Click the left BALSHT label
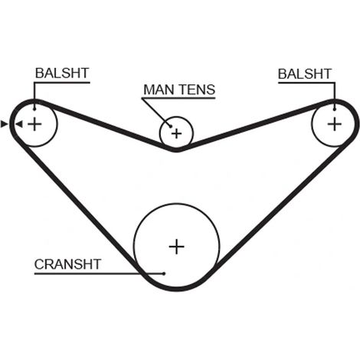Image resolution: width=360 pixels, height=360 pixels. [62, 74]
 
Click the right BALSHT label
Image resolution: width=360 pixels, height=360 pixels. [305, 74]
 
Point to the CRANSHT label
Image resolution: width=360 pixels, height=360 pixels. [67, 264]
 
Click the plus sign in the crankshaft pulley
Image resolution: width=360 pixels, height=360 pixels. [177, 247]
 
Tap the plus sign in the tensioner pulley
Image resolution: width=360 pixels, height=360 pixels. [176, 133]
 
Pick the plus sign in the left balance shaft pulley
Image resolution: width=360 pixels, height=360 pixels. [34, 124]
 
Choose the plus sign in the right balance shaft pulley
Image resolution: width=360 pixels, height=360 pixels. [335, 124]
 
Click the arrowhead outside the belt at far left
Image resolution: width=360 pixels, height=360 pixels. [5, 124]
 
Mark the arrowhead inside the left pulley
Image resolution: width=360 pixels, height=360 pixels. [19, 124]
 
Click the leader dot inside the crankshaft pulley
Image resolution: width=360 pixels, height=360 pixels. [164, 273]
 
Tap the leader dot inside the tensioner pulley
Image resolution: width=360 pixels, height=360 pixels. [170, 126]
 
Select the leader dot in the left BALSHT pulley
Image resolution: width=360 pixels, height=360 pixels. [34, 110]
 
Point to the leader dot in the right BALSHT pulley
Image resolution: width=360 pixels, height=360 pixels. [335, 110]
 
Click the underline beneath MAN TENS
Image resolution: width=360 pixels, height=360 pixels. [178, 98]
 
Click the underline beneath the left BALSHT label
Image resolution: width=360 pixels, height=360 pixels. [62, 83]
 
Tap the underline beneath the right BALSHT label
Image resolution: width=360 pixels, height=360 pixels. [306, 83]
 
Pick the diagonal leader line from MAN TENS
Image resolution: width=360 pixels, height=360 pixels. [156, 112]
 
